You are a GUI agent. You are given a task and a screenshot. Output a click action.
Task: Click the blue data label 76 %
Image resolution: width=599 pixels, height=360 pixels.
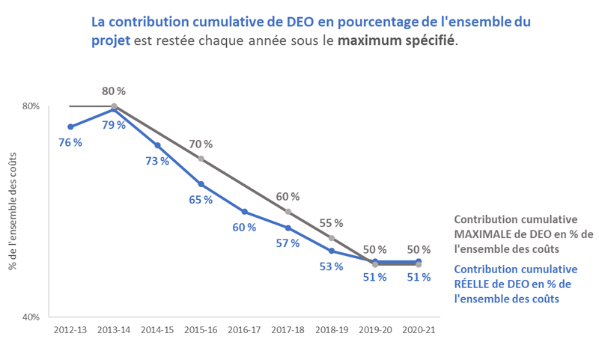click(70, 143)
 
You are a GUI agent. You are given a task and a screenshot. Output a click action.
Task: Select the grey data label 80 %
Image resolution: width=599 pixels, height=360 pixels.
click(114, 91)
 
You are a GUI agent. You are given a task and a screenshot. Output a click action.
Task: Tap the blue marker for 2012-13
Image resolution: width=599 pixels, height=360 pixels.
click(70, 126)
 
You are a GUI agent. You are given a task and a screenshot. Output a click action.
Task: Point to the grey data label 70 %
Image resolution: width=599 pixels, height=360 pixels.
click(201, 144)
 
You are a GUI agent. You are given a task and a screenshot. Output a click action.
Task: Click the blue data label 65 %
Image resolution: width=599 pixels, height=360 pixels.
click(201, 200)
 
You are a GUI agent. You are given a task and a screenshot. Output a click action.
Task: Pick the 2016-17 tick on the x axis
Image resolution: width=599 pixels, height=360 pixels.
click(244, 329)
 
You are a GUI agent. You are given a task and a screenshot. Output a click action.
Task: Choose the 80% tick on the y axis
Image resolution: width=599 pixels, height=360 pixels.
click(30, 106)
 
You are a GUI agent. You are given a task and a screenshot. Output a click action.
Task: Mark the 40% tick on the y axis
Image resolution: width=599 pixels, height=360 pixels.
click(30, 317)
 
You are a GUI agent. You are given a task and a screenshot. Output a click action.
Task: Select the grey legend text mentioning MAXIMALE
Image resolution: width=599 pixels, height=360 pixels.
click(523, 234)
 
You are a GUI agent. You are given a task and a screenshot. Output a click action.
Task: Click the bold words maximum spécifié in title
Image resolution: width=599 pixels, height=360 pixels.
click(396, 40)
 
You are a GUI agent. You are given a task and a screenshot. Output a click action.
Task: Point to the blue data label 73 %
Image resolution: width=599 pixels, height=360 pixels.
click(157, 161)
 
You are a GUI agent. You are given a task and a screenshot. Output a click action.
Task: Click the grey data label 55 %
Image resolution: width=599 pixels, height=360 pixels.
click(331, 223)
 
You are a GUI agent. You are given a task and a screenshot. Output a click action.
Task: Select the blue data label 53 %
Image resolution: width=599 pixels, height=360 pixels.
click(331, 266)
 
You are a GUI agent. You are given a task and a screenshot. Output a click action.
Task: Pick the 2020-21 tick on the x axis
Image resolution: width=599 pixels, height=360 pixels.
click(418, 329)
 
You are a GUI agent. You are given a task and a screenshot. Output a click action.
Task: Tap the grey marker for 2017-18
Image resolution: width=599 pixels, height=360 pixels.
click(288, 211)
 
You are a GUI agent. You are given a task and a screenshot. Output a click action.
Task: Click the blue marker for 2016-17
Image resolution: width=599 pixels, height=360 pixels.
click(244, 212)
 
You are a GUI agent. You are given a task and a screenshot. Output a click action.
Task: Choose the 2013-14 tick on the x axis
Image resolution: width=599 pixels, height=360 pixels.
click(114, 329)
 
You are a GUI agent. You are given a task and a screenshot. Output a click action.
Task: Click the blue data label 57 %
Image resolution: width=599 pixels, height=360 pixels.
click(288, 243)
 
